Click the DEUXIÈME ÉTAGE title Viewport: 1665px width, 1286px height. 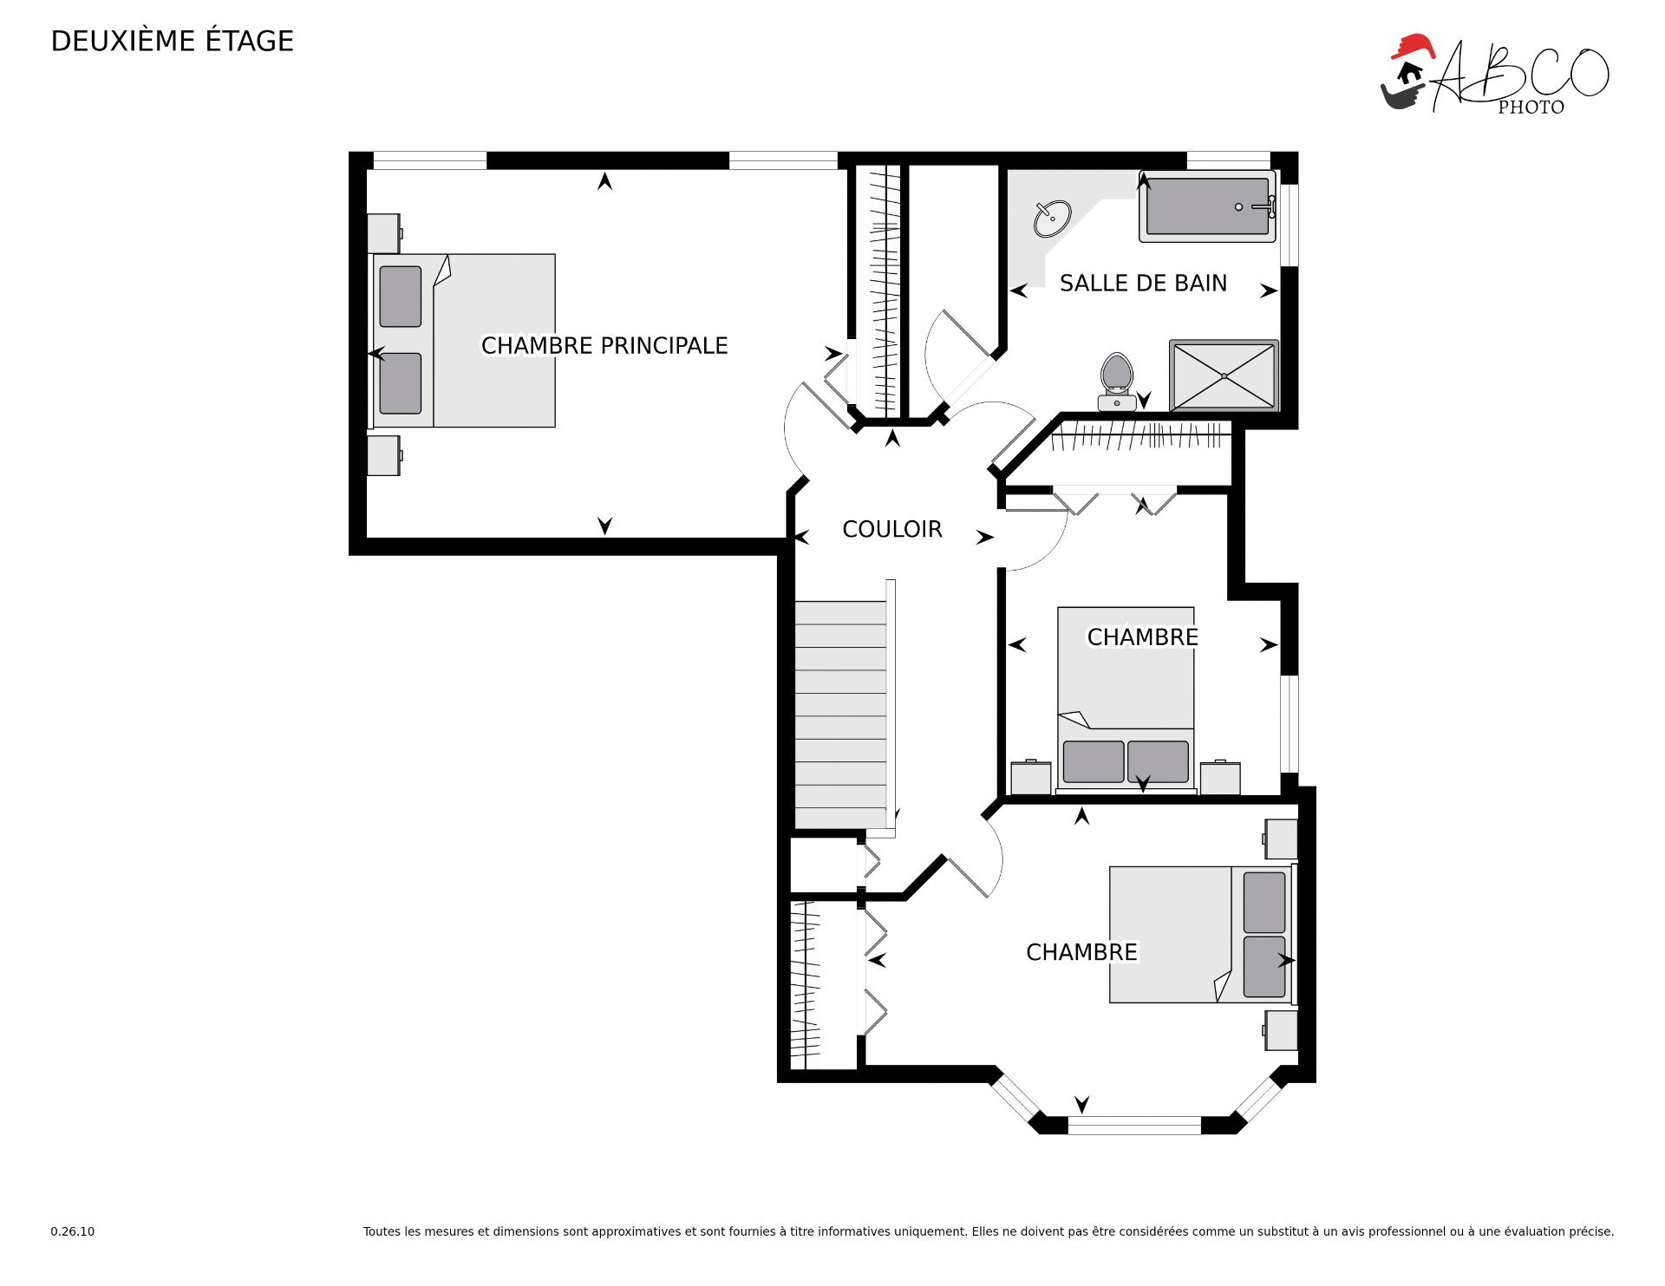(x=173, y=41)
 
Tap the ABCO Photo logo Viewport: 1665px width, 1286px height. (x=1494, y=75)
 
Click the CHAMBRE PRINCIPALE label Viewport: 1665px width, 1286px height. (x=604, y=345)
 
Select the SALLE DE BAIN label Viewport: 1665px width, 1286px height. (x=1143, y=283)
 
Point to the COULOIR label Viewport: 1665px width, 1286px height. (x=891, y=529)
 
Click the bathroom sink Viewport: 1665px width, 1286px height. (x=1052, y=218)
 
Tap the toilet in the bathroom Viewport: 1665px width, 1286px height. (x=1117, y=382)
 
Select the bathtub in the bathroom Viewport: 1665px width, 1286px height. (x=1207, y=206)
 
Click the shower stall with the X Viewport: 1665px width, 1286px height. (x=1224, y=375)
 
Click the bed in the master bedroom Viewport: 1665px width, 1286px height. (x=463, y=340)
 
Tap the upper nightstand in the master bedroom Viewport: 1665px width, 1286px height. (x=383, y=233)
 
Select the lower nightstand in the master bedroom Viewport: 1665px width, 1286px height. (x=383, y=455)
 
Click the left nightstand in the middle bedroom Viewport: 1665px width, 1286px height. (x=1031, y=777)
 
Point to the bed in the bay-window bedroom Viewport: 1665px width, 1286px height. (x=1202, y=934)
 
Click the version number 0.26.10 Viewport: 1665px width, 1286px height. (x=73, y=1231)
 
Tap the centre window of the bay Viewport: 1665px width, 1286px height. (x=1134, y=1126)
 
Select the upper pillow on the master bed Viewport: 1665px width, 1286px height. (x=401, y=297)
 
